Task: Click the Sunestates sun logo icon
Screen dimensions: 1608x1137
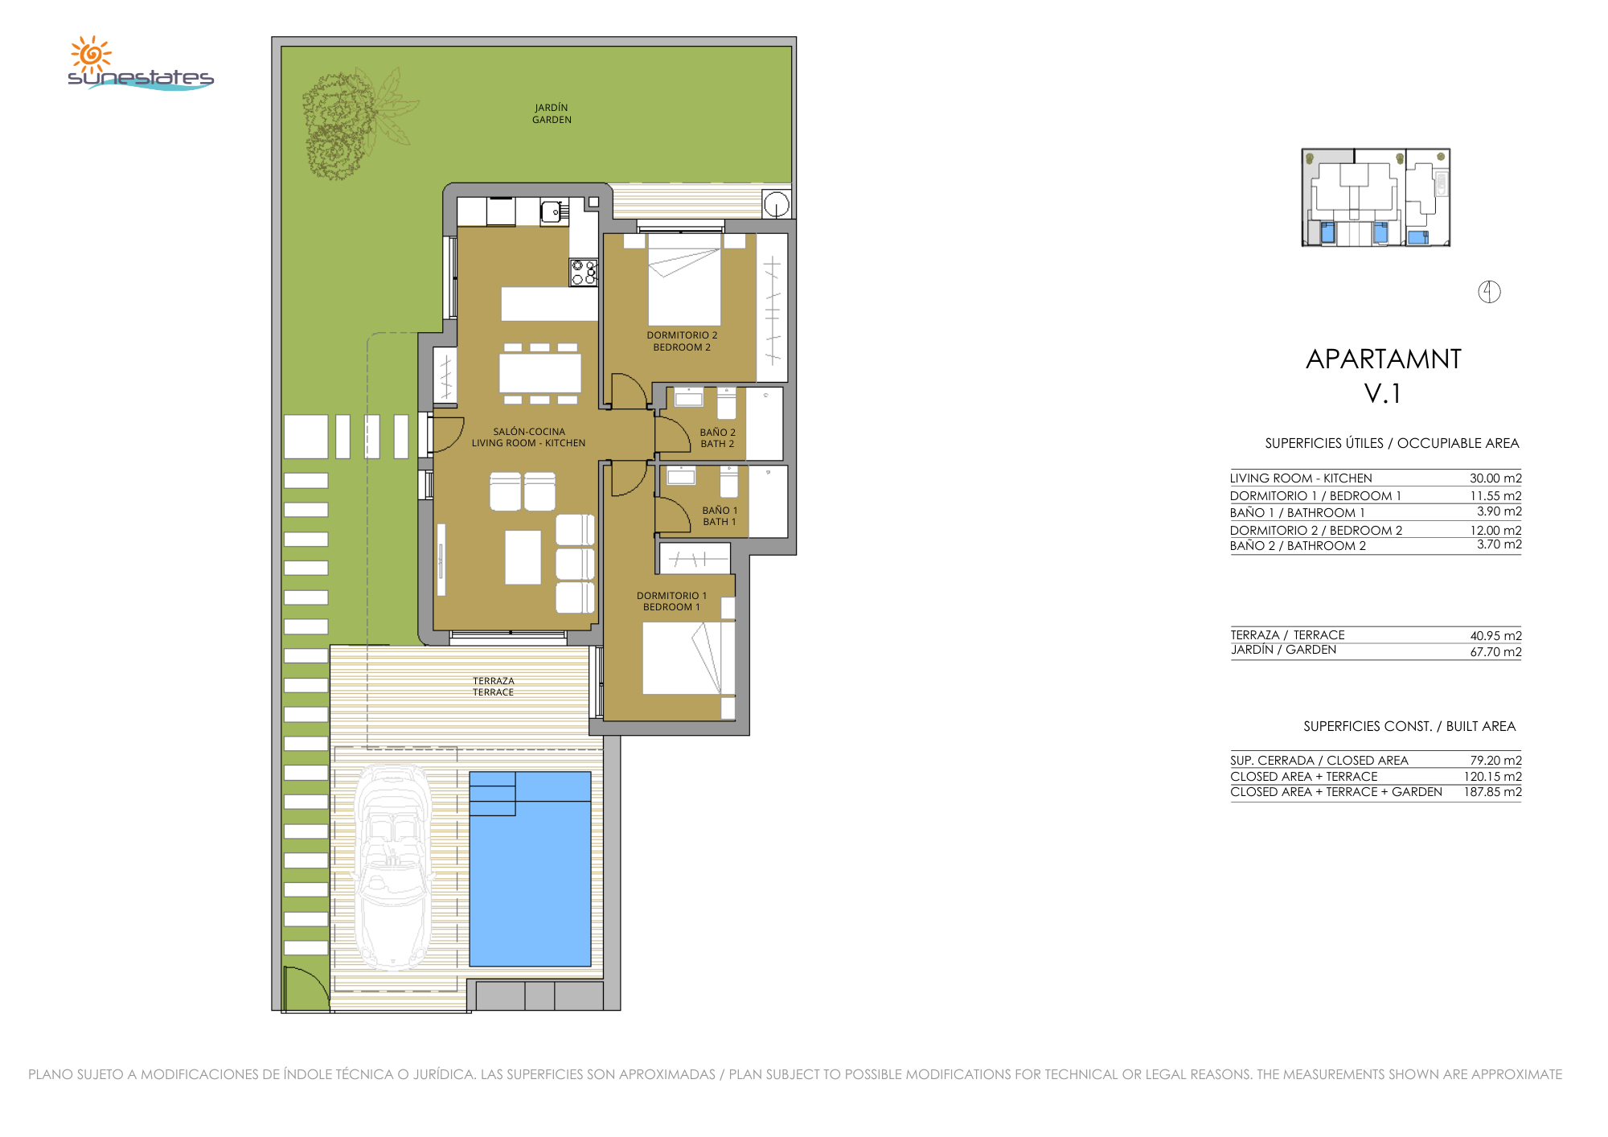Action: click(x=91, y=54)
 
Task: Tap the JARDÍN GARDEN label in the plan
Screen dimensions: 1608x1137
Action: click(x=552, y=113)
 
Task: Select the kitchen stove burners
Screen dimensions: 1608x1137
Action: click(x=584, y=272)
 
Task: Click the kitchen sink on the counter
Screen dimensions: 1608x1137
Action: click(x=551, y=211)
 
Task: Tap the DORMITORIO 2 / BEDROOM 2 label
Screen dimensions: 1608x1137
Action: click(x=682, y=341)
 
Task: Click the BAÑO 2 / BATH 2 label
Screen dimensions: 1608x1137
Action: click(x=717, y=438)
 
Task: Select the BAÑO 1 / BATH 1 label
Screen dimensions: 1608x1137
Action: click(x=720, y=516)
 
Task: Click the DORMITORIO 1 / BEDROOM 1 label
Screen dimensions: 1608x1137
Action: click(x=671, y=601)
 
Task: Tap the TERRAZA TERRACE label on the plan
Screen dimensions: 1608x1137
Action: click(x=493, y=687)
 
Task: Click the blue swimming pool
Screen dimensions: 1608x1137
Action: click(x=530, y=868)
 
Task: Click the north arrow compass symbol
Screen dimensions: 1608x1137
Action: click(x=1489, y=292)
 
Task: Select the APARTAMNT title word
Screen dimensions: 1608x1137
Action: click(x=1383, y=359)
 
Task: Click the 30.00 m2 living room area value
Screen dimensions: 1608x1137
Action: click(x=1495, y=478)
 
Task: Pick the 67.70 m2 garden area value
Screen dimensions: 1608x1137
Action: click(x=1495, y=652)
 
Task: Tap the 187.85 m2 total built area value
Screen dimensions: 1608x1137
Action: click(x=1492, y=792)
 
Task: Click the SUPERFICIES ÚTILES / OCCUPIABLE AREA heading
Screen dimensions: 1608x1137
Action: click(x=1392, y=443)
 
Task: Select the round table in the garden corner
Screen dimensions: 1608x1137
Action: click(x=776, y=204)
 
